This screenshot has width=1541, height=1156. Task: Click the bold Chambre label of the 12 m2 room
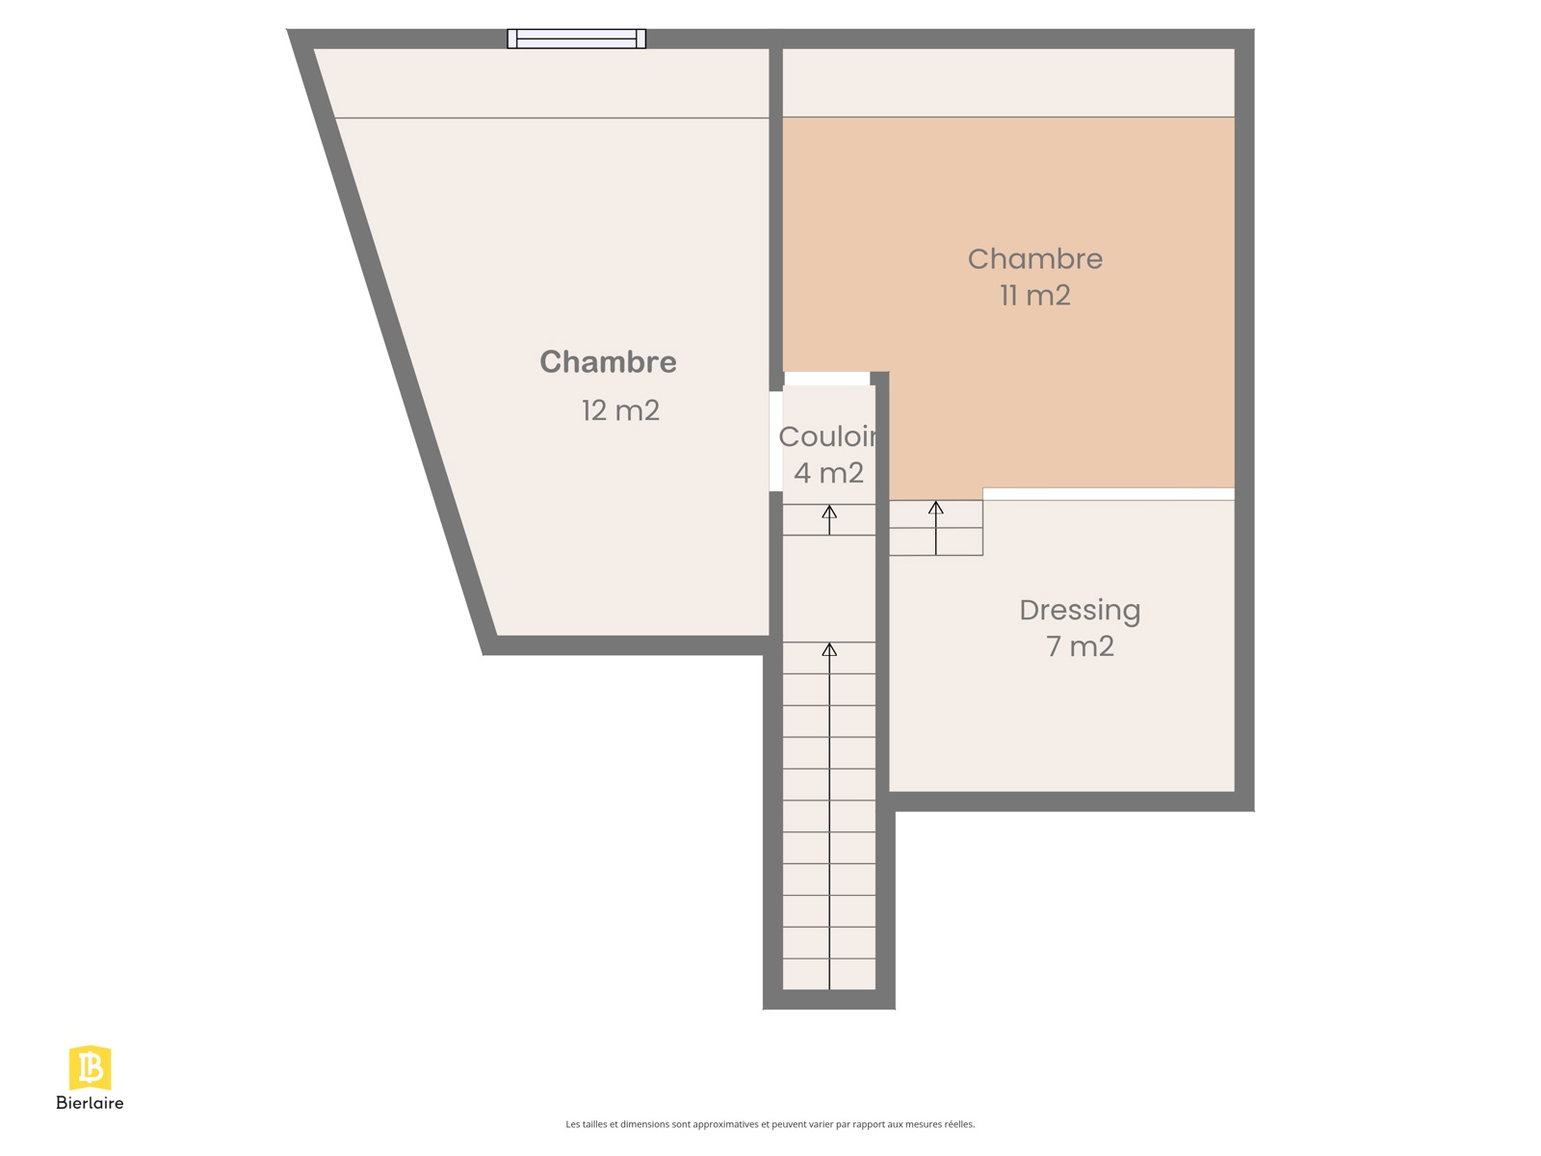(x=608, y=361)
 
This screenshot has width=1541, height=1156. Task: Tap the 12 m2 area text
(x=620, y=410)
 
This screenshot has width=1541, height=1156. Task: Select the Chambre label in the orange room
(x=1034, y=258)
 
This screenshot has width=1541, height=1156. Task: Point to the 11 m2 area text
(x=1034, y=295)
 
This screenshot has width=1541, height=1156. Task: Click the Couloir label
(x=827, y=435)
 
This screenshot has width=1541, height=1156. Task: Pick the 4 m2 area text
(x=828, y=472)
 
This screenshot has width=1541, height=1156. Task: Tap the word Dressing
(x=1079, y=611)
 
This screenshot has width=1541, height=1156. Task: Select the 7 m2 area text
(x=1079, y=645)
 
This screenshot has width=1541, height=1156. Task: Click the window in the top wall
(x=576, y=39)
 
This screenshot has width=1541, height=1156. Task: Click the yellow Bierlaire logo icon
(x=90, y=1067)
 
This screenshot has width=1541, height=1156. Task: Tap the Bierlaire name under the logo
(x=90, y=1103)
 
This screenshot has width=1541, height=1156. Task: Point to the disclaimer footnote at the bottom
(x=770, y=1123)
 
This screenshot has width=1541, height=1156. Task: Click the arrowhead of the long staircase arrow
(x=829, y=649)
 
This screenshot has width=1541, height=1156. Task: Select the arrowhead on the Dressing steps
(x=935, y=508)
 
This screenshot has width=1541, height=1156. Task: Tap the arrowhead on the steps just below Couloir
(x=829, y=512)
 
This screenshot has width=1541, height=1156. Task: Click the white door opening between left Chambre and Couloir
(x=775, y=441)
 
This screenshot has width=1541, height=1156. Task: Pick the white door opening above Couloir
(x=826, y=379)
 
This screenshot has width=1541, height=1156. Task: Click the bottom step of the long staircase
(x=828, y=974)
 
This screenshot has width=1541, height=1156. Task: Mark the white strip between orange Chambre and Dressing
(x=1108, y=494)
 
